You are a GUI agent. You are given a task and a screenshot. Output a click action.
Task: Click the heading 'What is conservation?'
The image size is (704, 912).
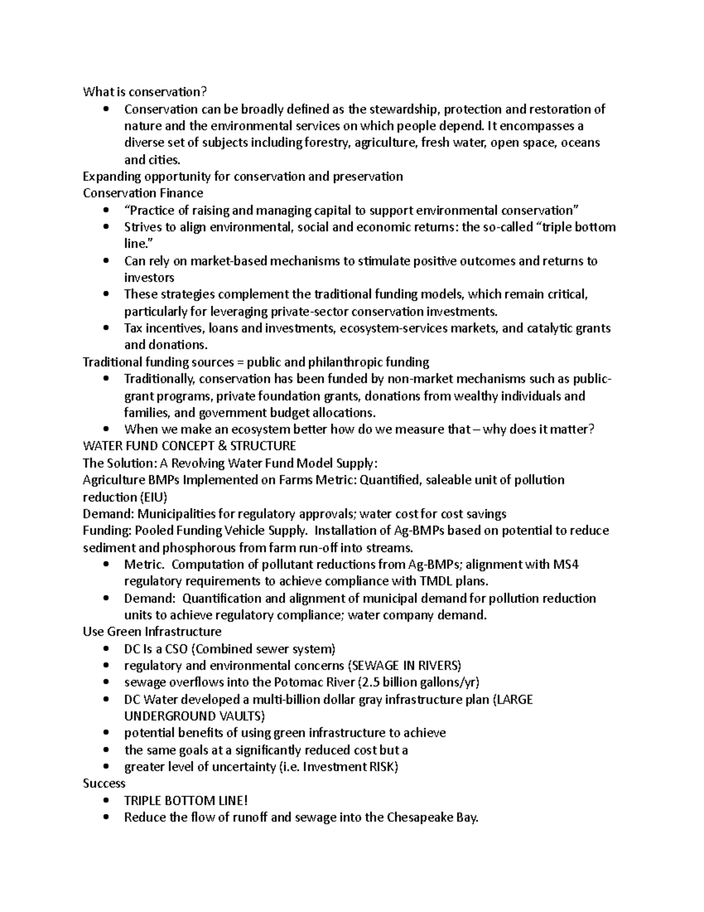145,92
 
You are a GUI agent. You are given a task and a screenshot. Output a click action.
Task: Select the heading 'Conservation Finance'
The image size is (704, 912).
143,193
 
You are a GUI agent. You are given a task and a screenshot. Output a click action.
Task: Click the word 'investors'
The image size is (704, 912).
149,278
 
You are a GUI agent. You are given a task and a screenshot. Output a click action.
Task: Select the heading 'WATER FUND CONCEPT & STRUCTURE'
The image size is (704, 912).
189,446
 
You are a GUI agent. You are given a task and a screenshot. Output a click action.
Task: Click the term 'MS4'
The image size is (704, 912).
566,565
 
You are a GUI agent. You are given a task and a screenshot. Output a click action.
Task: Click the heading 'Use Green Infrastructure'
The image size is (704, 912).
152,632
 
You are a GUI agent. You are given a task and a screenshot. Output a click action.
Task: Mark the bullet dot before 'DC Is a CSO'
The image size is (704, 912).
106,649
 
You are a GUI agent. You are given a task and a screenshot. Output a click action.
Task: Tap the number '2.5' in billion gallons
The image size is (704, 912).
371,682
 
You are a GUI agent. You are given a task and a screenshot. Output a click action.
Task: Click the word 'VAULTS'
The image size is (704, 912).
241,716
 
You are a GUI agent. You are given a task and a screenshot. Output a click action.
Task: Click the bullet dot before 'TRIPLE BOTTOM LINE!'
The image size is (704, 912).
106,800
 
